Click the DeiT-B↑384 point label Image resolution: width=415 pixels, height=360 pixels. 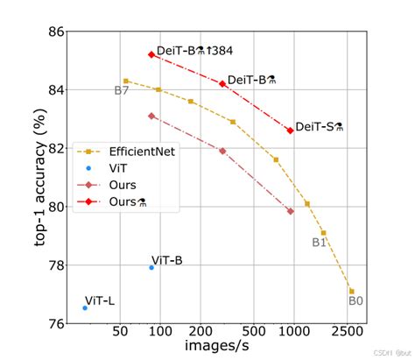click(194, 53)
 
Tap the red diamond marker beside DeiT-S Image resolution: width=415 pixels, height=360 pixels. click(290, 131)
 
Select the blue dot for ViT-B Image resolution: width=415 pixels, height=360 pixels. click(151, 267)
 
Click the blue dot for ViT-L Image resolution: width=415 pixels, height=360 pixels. click(85, 307)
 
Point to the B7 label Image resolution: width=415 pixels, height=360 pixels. click(122, 91)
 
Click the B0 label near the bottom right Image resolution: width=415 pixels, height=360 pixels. click(355, 300)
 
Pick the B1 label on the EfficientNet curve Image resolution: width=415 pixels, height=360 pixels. click(319, 243)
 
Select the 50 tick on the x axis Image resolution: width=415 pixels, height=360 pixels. click(120, 333)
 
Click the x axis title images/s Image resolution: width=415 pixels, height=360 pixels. click(216, 349)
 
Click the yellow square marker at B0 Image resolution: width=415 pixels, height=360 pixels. click(352, 291)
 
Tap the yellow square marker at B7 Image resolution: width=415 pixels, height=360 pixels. click(126, 81)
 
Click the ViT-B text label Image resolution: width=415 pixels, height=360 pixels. click(166, 259)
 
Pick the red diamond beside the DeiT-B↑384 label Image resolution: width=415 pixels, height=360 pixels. click(151, 54)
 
